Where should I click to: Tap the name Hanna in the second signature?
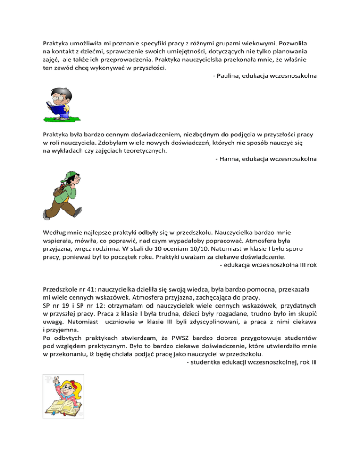230,159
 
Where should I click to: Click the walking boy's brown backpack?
59,188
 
